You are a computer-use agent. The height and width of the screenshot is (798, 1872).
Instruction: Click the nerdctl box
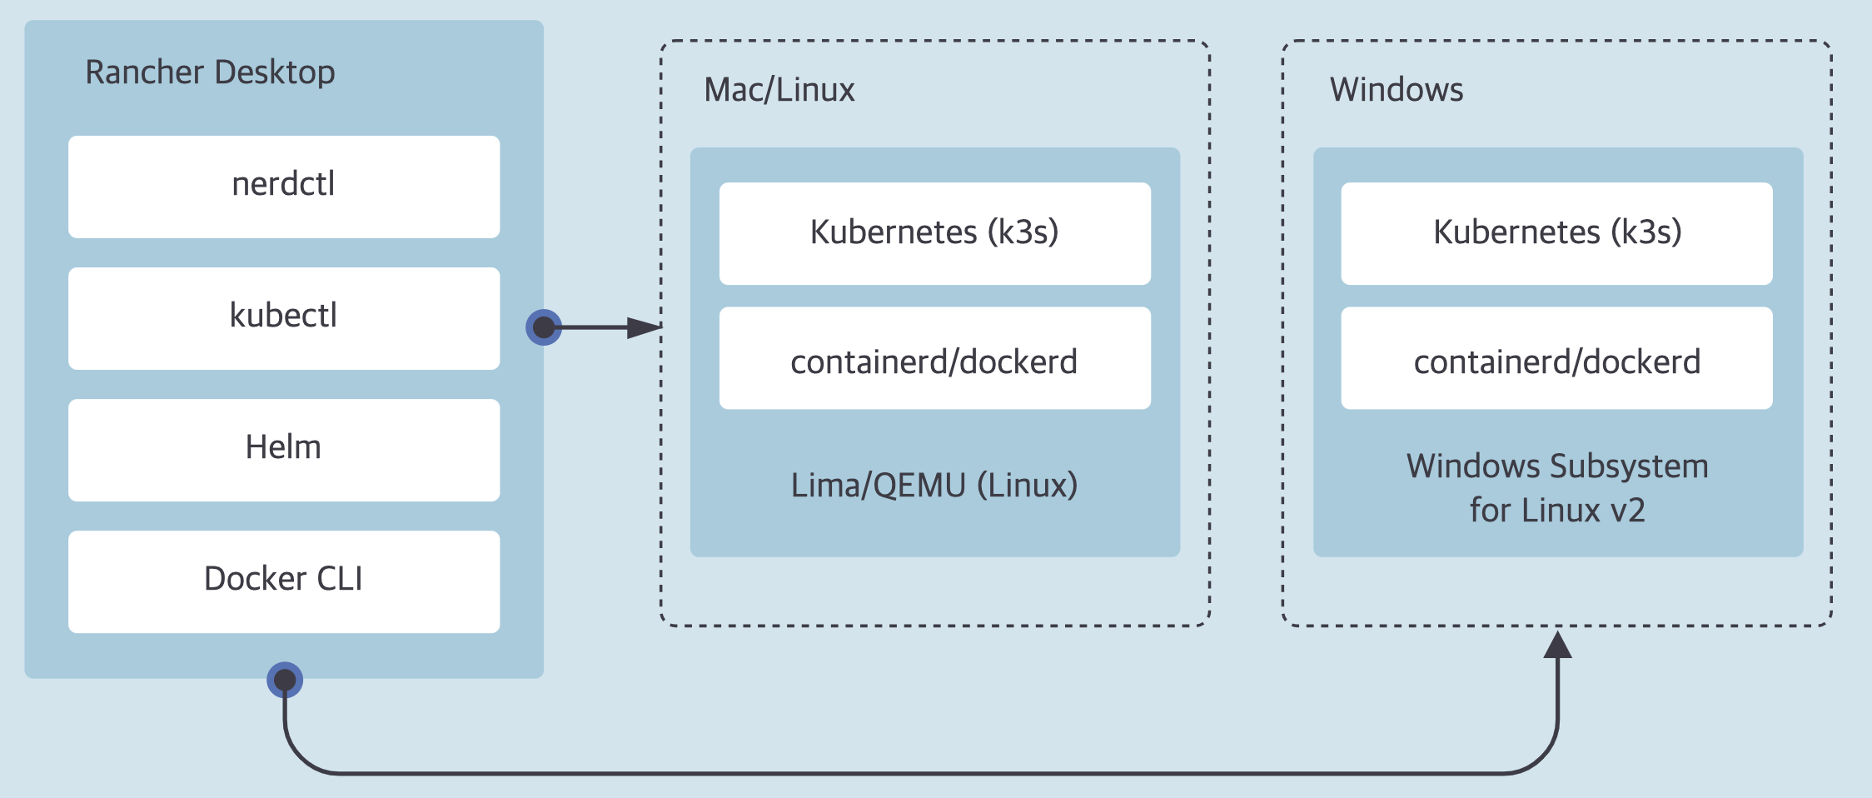(x=284, y=187)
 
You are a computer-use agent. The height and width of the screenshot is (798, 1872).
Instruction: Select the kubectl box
(x=284, y=318)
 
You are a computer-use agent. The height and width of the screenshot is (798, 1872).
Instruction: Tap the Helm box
(x=284, y=450)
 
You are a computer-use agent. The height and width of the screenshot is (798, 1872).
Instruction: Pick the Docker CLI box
(x=284, y=581)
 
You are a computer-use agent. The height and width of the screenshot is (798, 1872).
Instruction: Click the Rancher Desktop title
(x=210, y=73)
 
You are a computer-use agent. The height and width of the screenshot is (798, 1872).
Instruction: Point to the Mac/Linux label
(x=779, y=90)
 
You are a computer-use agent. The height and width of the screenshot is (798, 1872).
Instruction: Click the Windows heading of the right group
(x=1397, y=89)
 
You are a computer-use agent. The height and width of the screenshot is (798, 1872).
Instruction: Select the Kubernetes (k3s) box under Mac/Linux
(x=935, y=233)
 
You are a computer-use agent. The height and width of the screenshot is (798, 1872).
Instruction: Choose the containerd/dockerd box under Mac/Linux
(x=935, y=358)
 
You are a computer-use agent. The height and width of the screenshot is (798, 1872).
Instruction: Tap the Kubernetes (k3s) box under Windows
(x=1556, y=233)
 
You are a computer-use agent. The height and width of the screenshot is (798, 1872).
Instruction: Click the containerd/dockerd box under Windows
(x=1556, y=358)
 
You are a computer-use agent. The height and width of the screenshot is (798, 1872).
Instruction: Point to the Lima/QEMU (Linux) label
(x=934, y=485)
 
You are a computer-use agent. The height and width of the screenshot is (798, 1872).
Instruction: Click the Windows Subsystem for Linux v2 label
(x=1557, y=488)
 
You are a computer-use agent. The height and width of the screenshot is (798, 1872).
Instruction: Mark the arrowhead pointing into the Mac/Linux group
(x=645, y=327)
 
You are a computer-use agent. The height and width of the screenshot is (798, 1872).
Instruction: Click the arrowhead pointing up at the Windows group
(x=1557, y=645)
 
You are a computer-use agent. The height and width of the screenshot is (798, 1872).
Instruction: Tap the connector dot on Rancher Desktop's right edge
(x=544, y=327)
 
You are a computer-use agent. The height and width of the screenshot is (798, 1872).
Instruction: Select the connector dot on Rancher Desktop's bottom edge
(x=285, y=680)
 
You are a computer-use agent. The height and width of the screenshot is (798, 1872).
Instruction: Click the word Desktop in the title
(x=273, y=73)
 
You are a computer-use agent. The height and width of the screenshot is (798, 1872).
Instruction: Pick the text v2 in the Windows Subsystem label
(x=1626, y=511)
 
